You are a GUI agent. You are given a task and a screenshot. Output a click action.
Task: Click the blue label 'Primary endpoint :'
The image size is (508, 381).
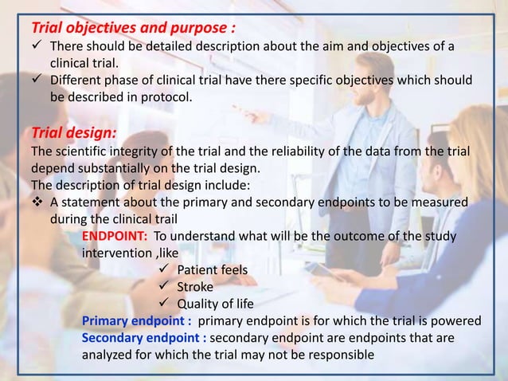[137, 321]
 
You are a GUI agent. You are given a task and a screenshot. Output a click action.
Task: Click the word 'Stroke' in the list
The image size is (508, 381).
[195, 287]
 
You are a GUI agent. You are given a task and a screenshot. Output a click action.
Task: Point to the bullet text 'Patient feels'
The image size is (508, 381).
[212, 270]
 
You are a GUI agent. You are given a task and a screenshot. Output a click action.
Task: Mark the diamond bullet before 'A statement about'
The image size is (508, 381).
[38, 202]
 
